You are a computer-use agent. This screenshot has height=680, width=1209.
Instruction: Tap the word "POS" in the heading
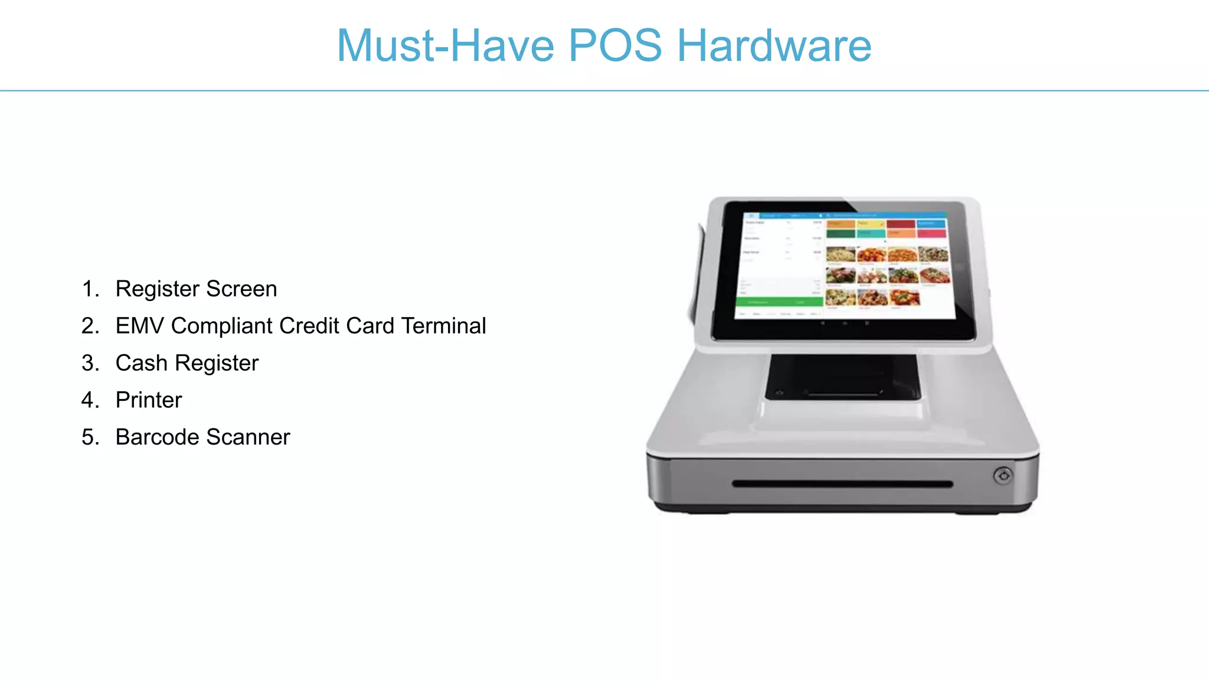pos(615,45)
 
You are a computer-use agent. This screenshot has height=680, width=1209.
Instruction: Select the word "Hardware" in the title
pos(774,45)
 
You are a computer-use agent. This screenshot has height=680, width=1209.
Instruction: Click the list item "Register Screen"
pos(196,289)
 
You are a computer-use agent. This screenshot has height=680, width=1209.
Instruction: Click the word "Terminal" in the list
pos(443,326)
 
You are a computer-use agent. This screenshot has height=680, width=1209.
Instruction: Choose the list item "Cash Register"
pos(187,363)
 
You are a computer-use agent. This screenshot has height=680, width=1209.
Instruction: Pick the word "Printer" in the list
pos(149,400)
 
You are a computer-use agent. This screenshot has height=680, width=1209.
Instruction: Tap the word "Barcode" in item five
pos(157,437)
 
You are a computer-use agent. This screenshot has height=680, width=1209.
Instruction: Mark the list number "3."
pos(90,363)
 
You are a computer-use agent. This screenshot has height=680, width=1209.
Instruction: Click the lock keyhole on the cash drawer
pos(1003,476)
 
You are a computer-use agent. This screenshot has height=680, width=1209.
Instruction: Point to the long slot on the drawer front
pos(842,484)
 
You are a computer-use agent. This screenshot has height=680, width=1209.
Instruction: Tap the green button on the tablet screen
pos(779,302)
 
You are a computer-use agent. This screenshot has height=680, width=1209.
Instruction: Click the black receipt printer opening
pos(842,377)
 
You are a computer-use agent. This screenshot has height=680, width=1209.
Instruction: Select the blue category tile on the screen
pos(932,224)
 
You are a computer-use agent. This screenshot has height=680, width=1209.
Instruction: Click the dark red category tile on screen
pos(901,224)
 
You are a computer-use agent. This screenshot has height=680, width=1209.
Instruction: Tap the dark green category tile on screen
pos(841,234)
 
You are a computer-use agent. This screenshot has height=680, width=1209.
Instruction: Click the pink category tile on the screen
pos(932,234)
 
